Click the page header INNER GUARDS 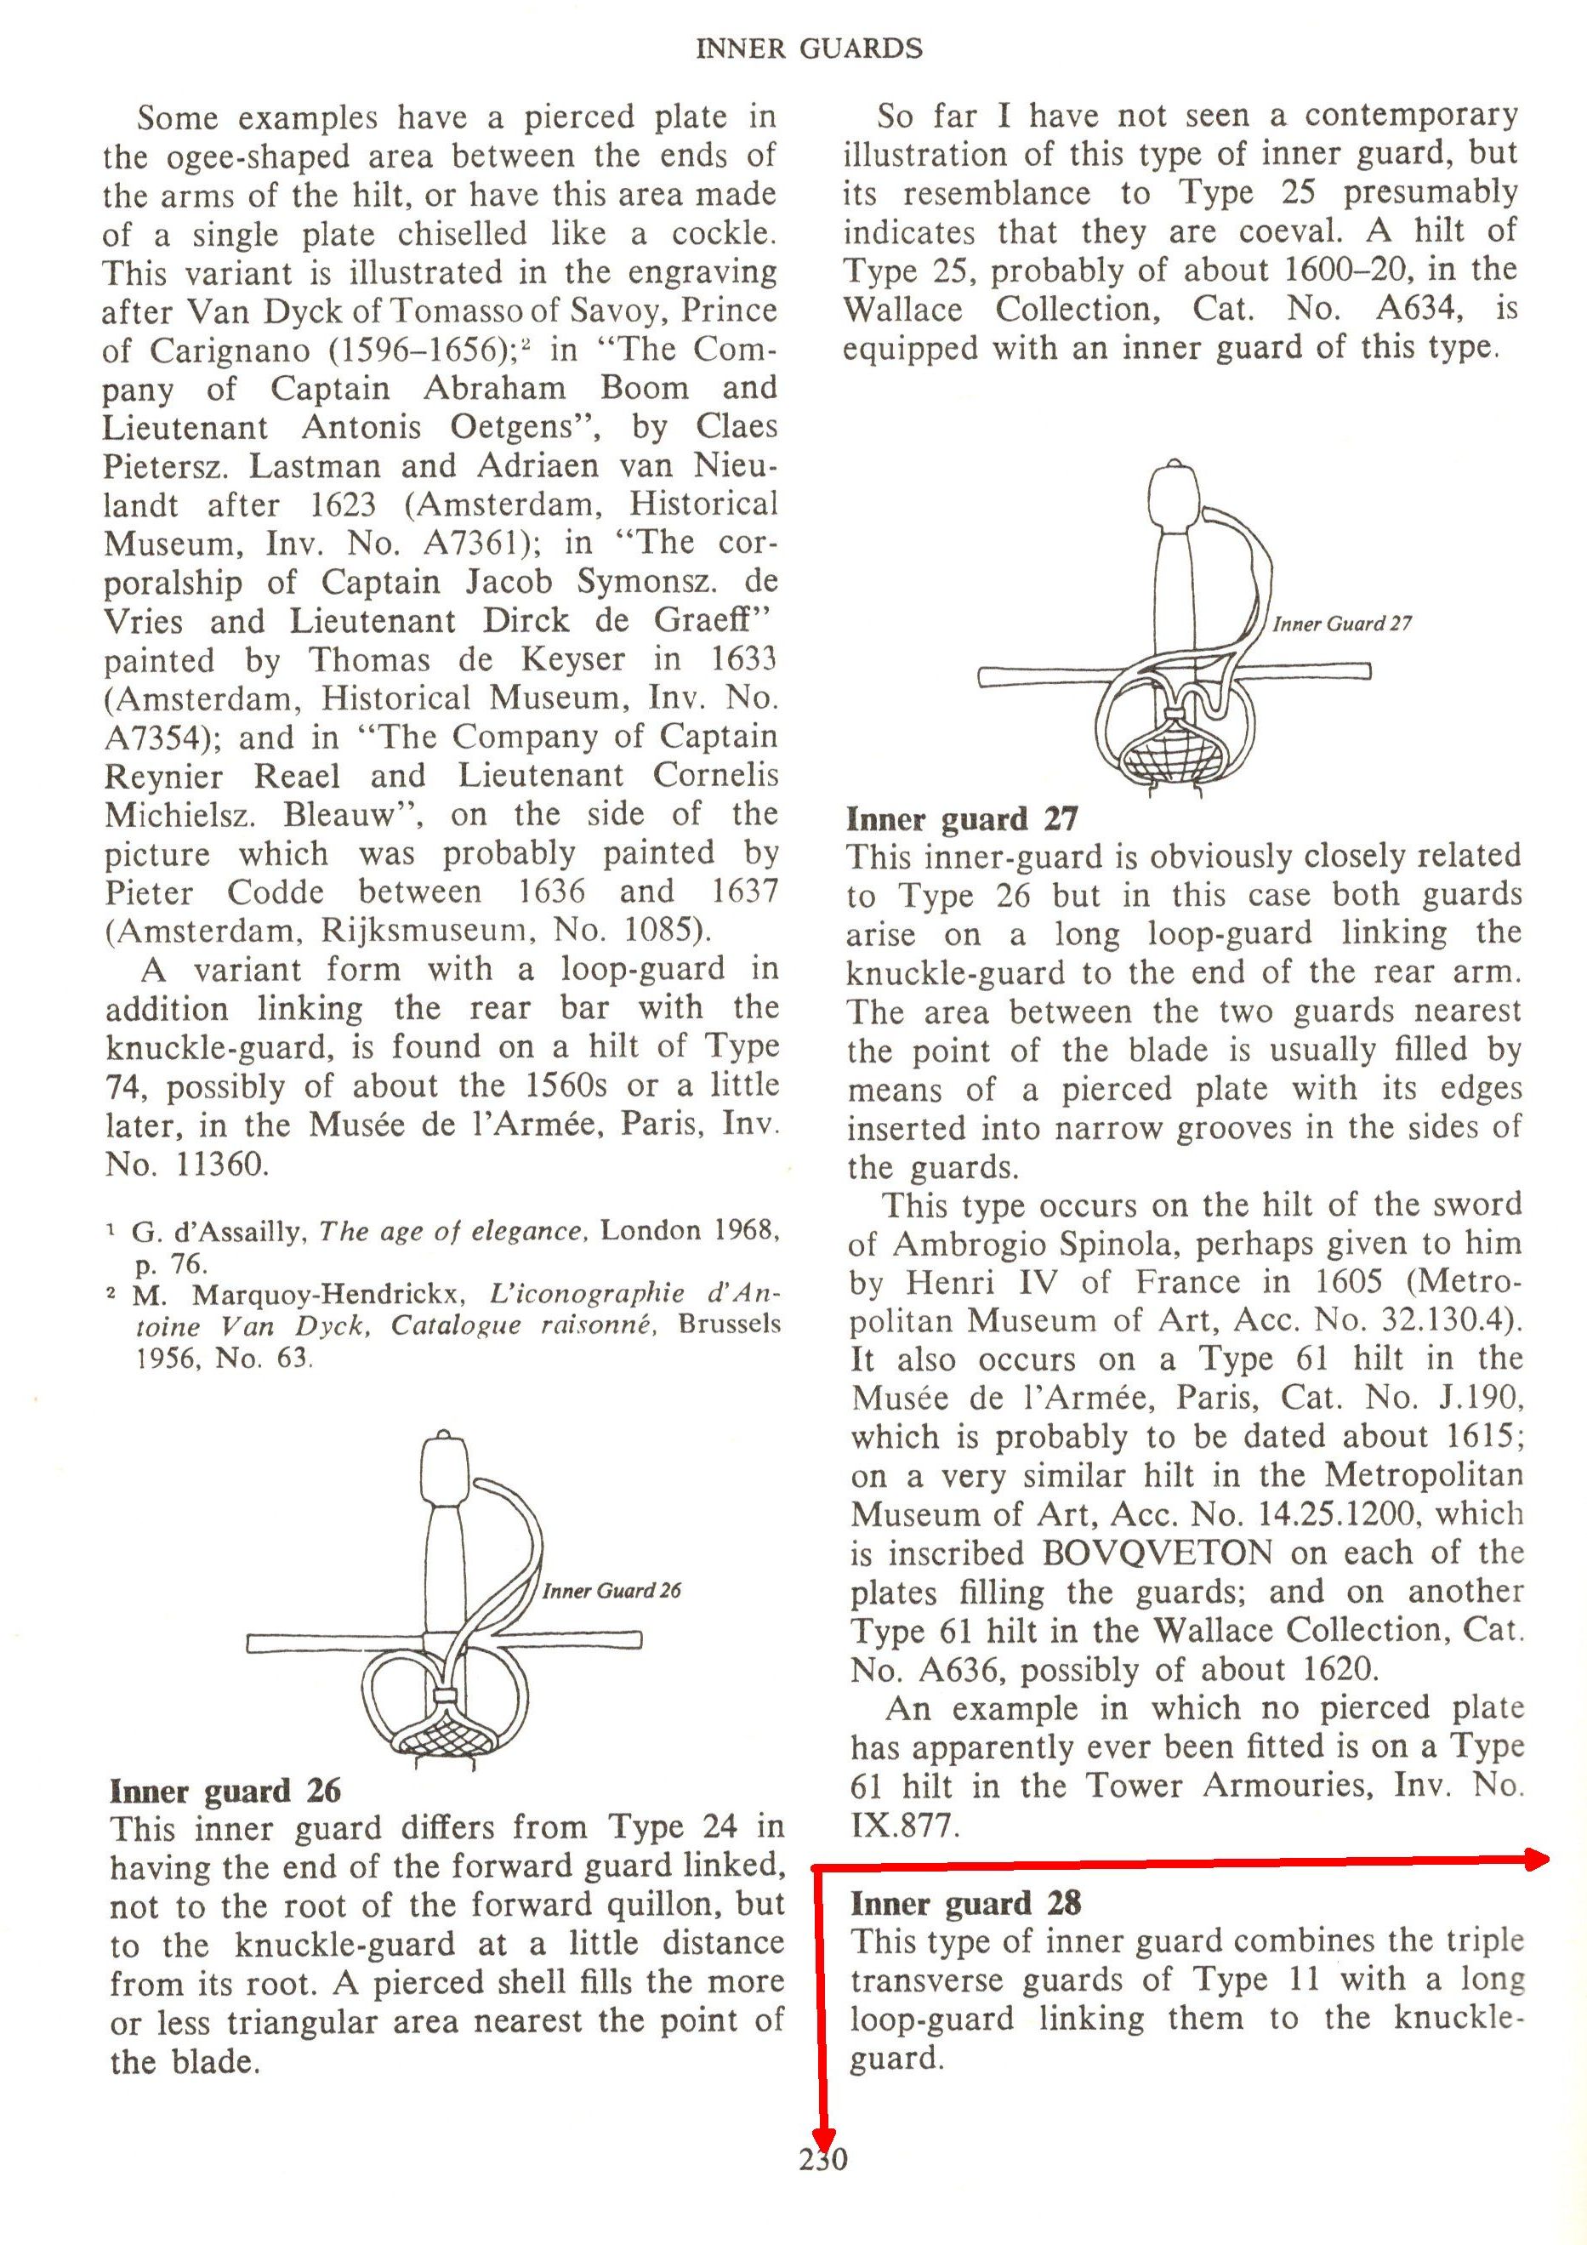click(x=809, y=48)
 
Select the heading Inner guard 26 click(x=225, y=1792)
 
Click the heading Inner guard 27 click(x=962, y=819)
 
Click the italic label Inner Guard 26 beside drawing click(x=612, y=1592)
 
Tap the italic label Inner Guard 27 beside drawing click(x=1341, y=624)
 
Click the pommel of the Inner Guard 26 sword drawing click(x=445, y=1467)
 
